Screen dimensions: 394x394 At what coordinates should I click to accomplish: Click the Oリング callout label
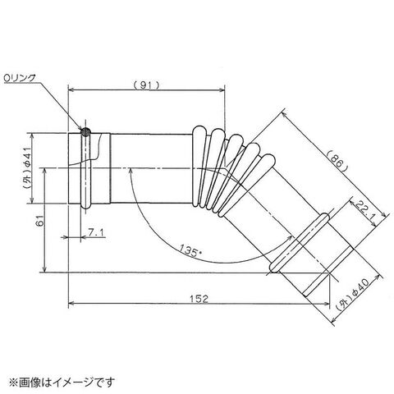pyautogui.click(x=20, y=78)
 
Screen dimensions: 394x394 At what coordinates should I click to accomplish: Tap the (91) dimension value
pyautogui.click(x=146, y=85)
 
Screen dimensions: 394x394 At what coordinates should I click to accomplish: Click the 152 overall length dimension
pyautogui.click(x=199, y=299)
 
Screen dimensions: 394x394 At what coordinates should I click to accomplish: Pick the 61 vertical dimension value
pyautogui.click(x=40, y=221)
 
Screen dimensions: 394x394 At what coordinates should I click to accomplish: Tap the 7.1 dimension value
pyautogui.click(x=95, y=233)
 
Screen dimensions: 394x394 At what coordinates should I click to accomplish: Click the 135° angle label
pyautogui.click(x=190, y=250)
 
